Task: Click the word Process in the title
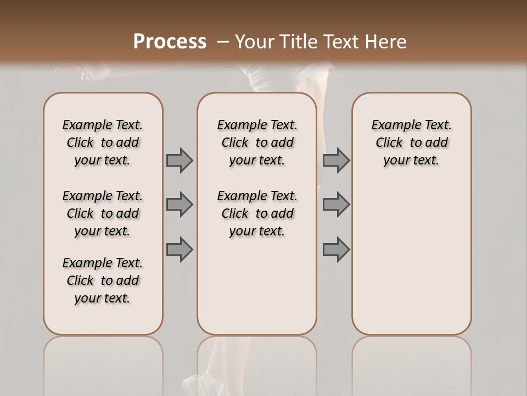coord(170,42)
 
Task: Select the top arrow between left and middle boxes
coord(180,160)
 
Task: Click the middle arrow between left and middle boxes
coord(180,205)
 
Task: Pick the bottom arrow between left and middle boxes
coord(180,250)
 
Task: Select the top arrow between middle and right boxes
coord(336,160)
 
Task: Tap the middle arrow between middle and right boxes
coord(336,205)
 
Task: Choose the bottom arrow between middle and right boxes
coord(336,250)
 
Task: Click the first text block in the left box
coord(103,142)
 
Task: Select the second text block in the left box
coord(103,213)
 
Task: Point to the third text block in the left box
coord(103,280)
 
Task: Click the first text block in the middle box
coord(257,142)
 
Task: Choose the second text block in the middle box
coord(257,213)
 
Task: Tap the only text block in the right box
coord(412,142)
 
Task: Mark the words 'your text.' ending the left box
coord(103,298)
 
